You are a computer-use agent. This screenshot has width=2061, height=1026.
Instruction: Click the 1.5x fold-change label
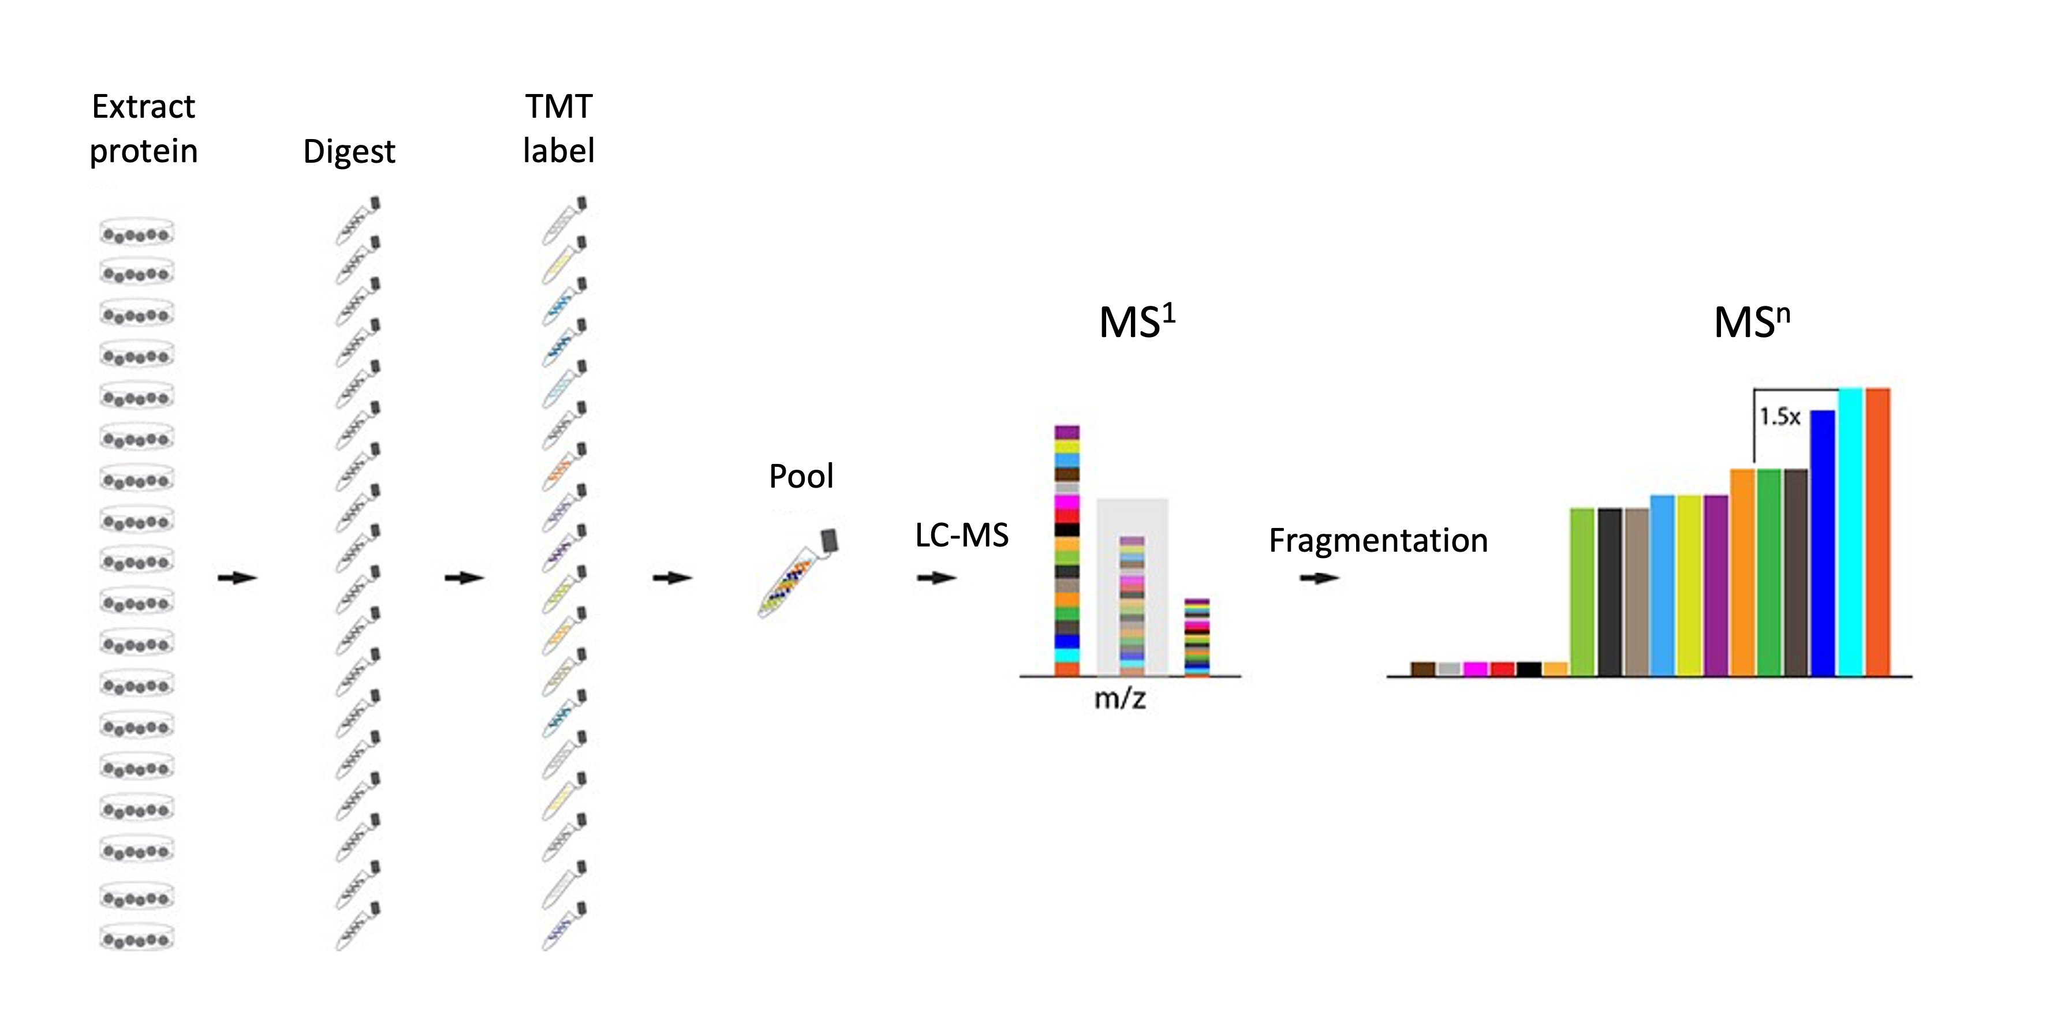(x=1779, y=417)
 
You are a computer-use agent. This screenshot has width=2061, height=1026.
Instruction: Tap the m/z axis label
(x=1120, y=699)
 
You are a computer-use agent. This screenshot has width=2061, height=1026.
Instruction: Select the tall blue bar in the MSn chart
(x=1823, y=543)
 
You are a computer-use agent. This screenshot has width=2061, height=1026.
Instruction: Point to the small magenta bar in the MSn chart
(x=1474, y=669)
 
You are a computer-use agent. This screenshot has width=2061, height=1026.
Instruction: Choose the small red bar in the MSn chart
(x=1502, y=669)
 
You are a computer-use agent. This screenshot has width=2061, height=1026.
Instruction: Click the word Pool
(x=801, y=477)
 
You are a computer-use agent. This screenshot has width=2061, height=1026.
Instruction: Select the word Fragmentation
(x=1377, y=541)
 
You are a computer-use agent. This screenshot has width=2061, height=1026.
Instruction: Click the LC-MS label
(x=962, y=535)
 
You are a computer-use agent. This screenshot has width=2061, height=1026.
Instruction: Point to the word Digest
(x=349, y=152)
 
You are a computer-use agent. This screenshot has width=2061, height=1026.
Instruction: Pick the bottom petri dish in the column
(x=137, y=937)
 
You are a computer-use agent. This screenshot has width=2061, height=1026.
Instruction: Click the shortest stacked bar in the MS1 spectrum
(x=1197, y=637)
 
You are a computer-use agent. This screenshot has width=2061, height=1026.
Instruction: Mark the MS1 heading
(x=1137, y=321)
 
